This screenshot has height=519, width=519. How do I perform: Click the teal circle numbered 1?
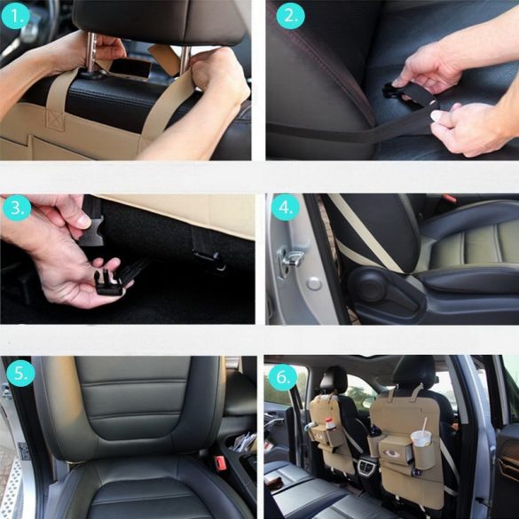click(16, 15)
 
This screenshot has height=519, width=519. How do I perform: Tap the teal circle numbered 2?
click(290, 15)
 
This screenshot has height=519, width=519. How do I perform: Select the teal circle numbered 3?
click(17, 208)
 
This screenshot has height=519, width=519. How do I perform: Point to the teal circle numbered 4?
click(286, 208)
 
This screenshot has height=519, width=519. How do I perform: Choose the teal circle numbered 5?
click(20, 373)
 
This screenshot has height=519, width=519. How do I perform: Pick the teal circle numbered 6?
click(283, 377)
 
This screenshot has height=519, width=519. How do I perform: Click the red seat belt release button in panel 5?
click(220, 463)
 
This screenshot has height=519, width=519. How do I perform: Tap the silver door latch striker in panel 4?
click(291, 257)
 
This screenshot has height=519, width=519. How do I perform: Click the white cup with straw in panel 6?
click(421, 437)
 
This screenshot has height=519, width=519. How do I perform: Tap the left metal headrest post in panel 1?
click(90, 53)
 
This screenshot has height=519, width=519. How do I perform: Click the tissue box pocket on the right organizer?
click(395, 451)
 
